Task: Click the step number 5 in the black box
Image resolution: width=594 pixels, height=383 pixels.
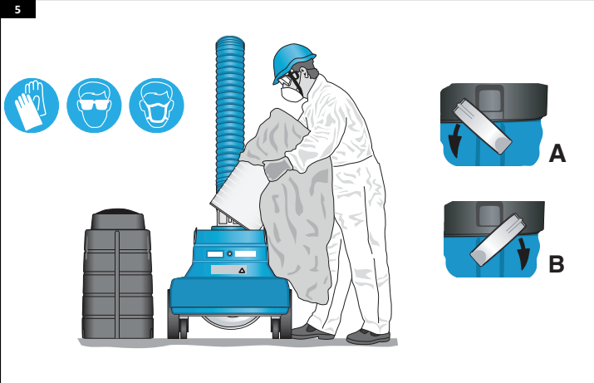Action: click(17, 9)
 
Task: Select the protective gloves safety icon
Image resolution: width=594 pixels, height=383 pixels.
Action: click(32, 106)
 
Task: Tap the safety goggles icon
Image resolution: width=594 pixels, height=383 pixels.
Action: click(94, 106)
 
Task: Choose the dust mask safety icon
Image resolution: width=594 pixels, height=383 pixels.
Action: click(156, 106)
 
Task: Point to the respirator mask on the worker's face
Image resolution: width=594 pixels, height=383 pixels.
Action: click(292, 93)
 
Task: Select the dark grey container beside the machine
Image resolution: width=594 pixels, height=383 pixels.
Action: click(118, 273)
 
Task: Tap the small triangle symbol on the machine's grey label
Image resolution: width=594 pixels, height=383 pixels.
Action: click(242, 271)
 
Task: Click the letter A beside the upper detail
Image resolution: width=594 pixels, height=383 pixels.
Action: click(557, 154)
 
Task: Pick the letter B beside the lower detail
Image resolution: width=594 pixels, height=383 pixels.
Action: click(556, 264)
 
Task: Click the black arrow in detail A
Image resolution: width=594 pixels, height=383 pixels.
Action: click(455, 140)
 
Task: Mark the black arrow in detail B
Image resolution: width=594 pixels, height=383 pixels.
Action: click(523, 253)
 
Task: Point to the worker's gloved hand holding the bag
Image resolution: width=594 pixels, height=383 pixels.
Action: click(277, 169)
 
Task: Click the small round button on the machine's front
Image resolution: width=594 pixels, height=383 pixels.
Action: click(229, 253)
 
